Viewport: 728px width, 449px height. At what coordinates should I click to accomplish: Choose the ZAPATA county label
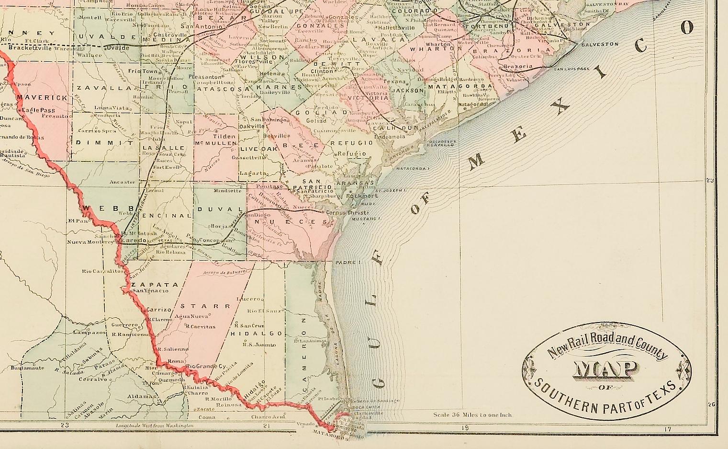click(148, 284)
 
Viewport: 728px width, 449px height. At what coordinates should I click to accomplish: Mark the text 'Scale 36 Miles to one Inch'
click(472, 415)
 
